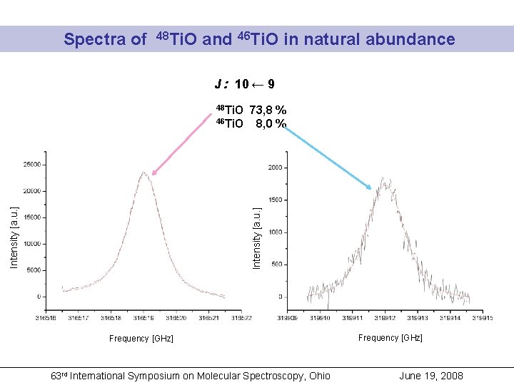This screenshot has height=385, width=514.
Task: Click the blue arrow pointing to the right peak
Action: pyautogui.click(x=328, y=158)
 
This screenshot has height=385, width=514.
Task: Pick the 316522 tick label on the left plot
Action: pyautogui.click(x=241, y=318)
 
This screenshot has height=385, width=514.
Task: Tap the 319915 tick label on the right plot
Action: pyautogui.click(x=482, y=319)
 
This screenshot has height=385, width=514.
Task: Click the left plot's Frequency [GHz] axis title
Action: pyautogui.click(x=141, y=339)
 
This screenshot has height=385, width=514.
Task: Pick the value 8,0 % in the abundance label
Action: pyautogui.click(x=271, y=123)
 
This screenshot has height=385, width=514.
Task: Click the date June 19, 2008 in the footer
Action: pyautogui.click(x=430, y=376)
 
